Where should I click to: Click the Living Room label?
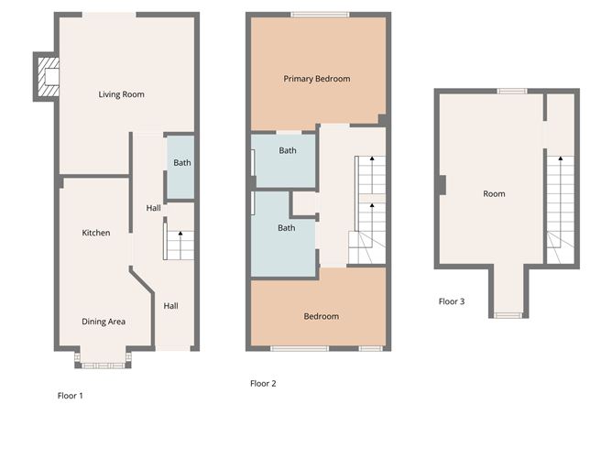tap(121, 94)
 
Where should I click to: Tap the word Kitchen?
tap(96, 233)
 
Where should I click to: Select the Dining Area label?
tap(104, 322)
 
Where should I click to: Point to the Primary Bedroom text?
tap(317, 79)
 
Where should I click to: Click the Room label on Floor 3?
tap(494, 193)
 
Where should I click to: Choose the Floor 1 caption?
tap(71, 396)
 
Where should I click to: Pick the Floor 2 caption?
tap(263, 384)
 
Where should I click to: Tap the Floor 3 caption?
tap(452, 301)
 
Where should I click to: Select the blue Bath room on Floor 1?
tap(180, 167)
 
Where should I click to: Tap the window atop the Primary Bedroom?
tap(320, 15)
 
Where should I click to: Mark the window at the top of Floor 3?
tap(512, 92)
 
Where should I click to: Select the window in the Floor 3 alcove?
tap(508, 315)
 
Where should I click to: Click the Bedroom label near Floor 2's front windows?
tap(322, 316)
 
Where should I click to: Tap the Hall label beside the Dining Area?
tap(171, 306)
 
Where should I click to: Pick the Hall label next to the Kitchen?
tap(153, 208)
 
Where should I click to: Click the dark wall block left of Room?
tap(443, 185)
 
